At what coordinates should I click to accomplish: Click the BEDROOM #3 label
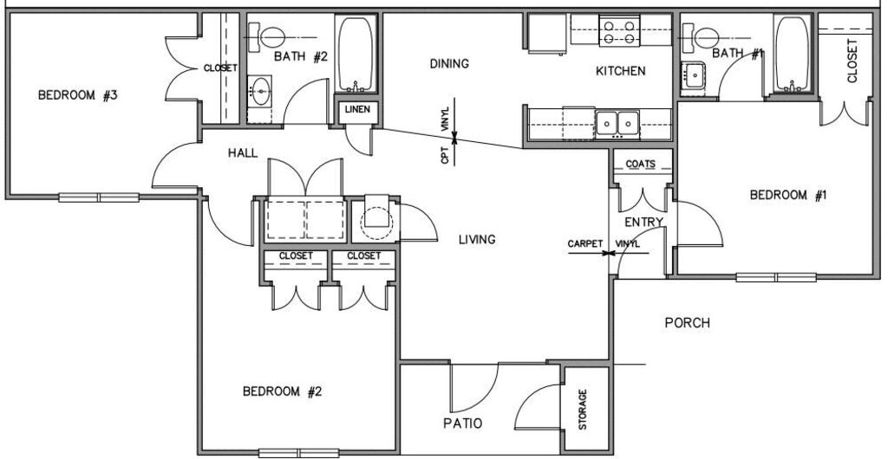[77, 96]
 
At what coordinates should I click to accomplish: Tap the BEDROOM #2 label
[282, 391]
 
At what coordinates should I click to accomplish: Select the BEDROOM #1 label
[788, 196]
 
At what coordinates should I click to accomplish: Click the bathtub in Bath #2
[356, 55]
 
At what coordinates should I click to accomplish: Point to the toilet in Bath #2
[270, 36]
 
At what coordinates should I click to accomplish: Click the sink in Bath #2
[260, 88]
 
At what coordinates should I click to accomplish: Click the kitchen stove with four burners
[619, 32]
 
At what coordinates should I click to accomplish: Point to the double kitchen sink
[617, 122]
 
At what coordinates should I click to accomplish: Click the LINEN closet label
[356, 110]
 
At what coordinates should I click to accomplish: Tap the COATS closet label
[641, 164]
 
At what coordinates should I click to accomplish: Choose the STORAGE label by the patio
[583, 410]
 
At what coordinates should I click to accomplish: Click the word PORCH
[687, 323]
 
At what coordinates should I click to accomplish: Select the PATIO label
[461, 423]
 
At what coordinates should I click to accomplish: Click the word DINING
[449, 63]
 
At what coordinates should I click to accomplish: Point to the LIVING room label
[477, 239]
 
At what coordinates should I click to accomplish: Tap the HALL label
[243, 153]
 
